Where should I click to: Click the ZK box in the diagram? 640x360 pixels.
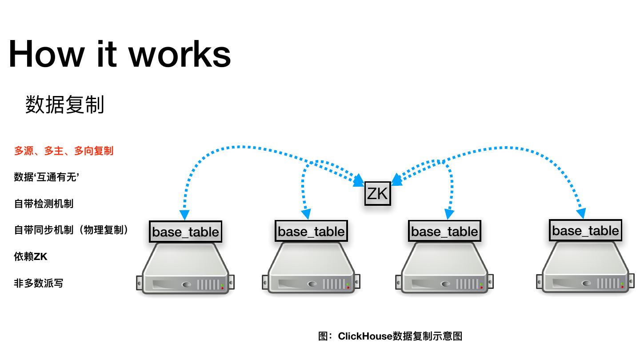pyautogui.click(x=377, y=193)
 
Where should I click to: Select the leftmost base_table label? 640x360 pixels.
pyautogui.click(x=185, y=232)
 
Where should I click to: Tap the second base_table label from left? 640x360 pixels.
pyautogui.click(x=311, y=231)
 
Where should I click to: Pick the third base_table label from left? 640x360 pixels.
pyautogui.click(x=444, y=231)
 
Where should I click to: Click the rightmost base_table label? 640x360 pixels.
pyautogui.click(x=585, y=230)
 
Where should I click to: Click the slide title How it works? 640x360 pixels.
pyautogui.click(x=120, y=54)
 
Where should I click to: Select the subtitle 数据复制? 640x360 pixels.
pyautogui.click(x=65, y=105)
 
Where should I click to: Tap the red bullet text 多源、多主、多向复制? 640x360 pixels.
pyautogui.click(x=64, y=151)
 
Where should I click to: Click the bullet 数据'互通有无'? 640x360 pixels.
pyautogui.click(x=47, y=177)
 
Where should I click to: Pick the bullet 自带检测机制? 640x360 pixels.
pyautogui.click(x=44, y=204)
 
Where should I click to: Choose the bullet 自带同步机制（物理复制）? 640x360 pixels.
pyautogui.click(x=71, y=230)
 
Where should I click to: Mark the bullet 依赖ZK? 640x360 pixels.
pyautogui.click(x=30, y=257)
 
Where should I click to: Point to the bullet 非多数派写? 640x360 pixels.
pyautogui.click(x=39, y=283)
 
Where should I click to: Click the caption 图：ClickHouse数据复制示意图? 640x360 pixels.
pyautogui.click(x=390, y=336)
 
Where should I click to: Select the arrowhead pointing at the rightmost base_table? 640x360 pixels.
pyautogui.click(x=581, y=213)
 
